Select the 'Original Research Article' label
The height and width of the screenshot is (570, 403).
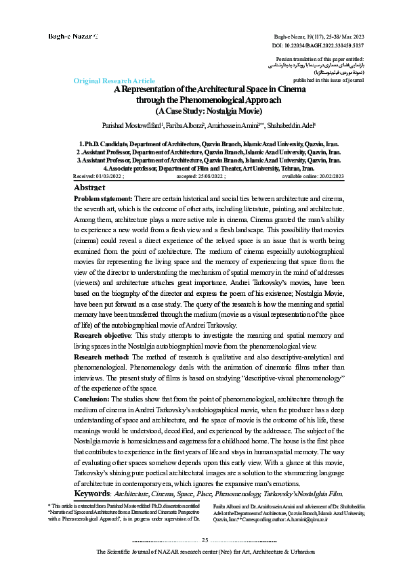pos(114,81)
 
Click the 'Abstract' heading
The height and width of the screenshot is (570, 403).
pos(89,187)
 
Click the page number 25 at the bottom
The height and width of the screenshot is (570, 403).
pos(205,539)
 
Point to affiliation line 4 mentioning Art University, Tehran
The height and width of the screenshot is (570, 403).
pos(204,167)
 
